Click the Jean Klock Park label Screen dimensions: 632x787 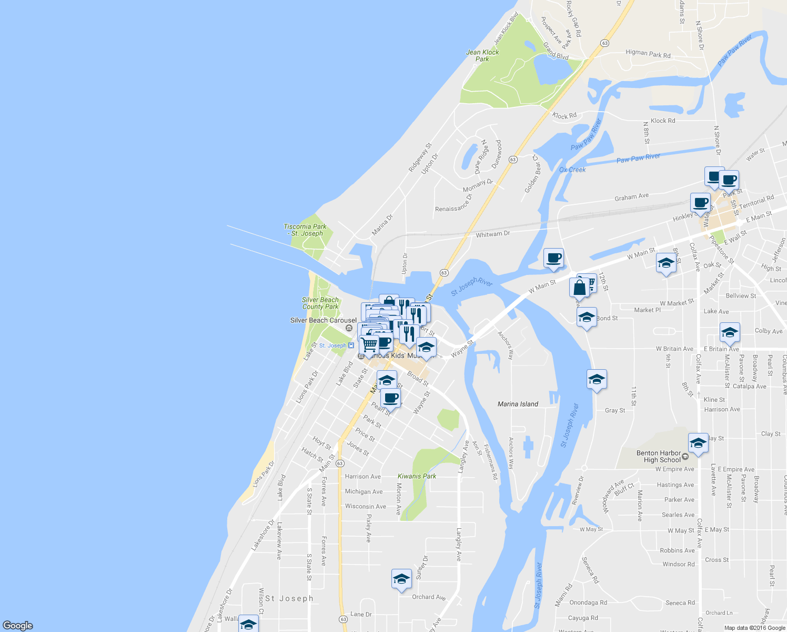[x=482, y=55]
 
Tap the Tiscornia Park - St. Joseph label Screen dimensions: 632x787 [x=305, y=230]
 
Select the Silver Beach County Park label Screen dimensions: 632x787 [x=320, y=303]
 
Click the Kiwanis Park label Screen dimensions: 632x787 [x=417, y=476]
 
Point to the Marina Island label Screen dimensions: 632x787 [x=518, y=404]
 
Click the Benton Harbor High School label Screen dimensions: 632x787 [x=659, y=456]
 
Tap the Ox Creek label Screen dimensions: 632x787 [x=572, y=170]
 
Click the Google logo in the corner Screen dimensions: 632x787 [x=18, y=626]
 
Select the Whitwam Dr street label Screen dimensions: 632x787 [x=493, y=234]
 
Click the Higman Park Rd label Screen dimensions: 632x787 [x=648, y=54]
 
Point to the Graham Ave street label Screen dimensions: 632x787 [x=632, y=197]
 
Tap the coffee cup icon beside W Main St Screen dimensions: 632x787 [x=553, y=258]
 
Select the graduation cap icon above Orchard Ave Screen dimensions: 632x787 [x=401, y=579]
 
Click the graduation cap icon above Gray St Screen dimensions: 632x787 [x=597, y=379]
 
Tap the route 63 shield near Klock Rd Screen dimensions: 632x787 [x=513, y=159]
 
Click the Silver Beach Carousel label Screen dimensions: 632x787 [x=323, y=320]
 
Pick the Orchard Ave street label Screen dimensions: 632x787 [x=429, y=597]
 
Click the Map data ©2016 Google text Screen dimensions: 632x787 [x=754, y=628]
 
